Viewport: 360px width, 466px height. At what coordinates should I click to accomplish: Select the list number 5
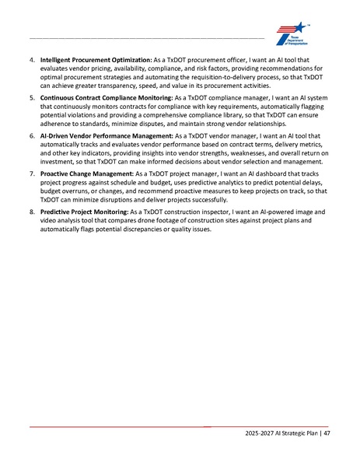point(31,99)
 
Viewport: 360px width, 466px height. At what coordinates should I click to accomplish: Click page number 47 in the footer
point(328,433)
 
